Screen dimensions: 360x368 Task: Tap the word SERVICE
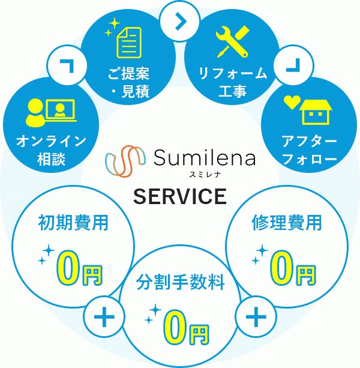pos(180,196)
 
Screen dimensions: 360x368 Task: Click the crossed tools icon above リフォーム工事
pos(232,40)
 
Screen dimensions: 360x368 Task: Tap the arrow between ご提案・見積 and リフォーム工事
pos(179,20)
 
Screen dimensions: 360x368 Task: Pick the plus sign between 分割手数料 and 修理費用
pos(256,315)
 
